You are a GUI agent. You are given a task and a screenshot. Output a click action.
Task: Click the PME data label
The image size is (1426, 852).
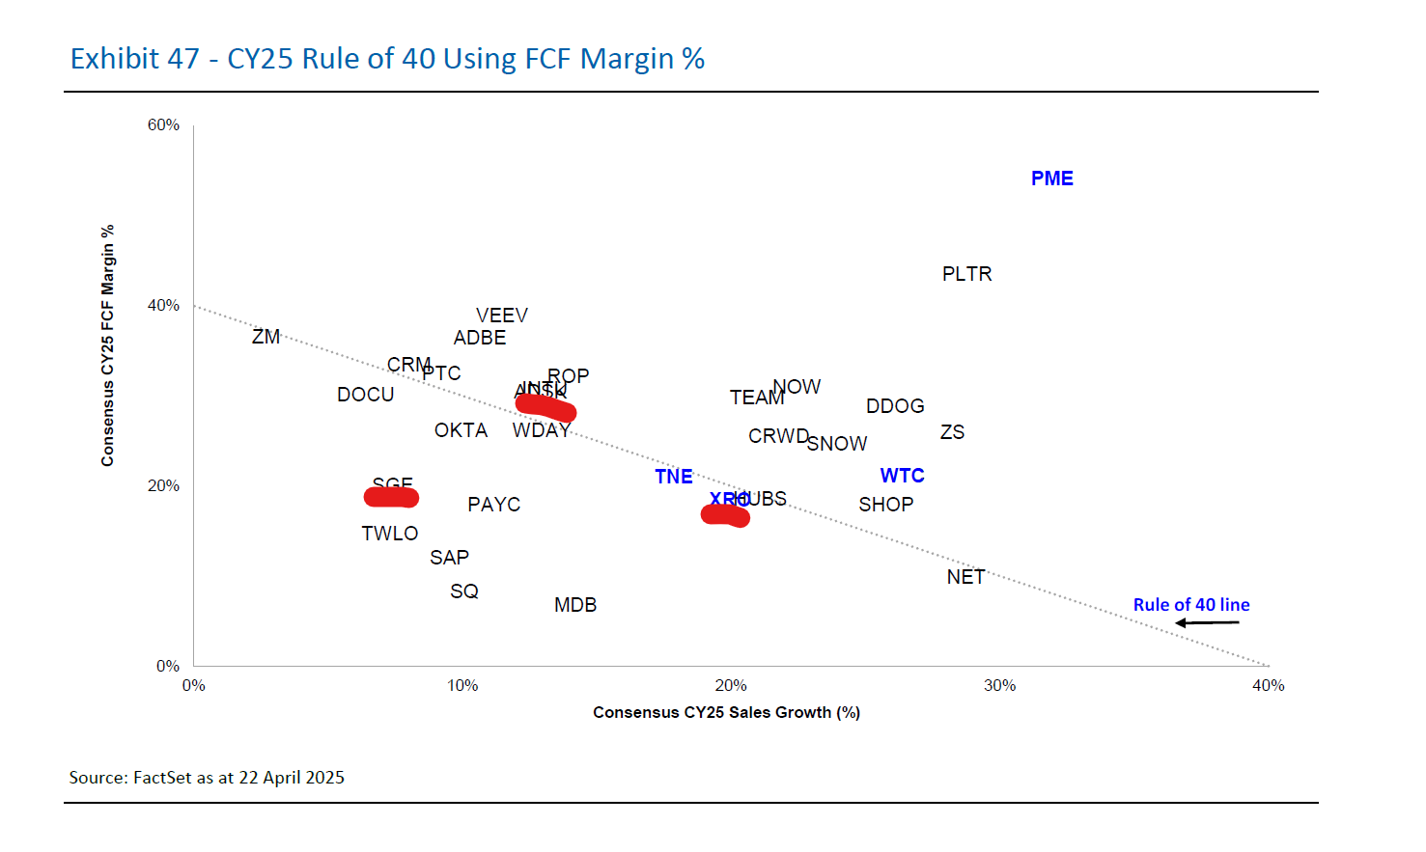click(x=1051, y=179)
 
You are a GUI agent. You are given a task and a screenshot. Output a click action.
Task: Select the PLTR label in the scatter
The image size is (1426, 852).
click(x=966, y=274)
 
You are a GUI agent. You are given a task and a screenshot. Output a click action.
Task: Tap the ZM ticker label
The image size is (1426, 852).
click(x=266, y=337)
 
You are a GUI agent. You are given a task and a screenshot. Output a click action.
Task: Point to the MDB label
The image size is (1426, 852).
click(x=575, y=605)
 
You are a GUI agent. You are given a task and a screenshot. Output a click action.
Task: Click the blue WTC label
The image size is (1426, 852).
click(x=902, y=476)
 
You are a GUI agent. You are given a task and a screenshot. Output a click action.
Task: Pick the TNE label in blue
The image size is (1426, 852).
click(x=673, y=477)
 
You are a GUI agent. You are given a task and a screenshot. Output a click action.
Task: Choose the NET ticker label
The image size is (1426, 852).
click(x=965, y=577)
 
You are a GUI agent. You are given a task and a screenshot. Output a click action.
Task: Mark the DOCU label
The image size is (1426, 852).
click(x=365, y=395)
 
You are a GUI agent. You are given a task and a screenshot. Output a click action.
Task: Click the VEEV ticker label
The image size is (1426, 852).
click(x=501, y=316)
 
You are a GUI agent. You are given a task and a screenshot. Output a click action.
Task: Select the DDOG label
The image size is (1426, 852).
click(x=895, y=406)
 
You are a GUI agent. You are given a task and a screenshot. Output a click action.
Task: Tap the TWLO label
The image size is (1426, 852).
click(x=389, y=534)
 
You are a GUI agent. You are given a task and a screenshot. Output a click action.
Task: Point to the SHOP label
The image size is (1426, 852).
click(x=885, y=505)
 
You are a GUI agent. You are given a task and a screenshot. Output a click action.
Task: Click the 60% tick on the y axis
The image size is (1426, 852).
click(x=163, y=125)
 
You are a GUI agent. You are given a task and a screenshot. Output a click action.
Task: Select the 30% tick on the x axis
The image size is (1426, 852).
click(x=999, y=686)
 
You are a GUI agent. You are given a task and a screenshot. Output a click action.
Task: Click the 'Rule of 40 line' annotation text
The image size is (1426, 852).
click(x=1190, y=605)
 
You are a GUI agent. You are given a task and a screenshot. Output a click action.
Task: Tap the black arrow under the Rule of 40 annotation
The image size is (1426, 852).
click(x=1207, y=623)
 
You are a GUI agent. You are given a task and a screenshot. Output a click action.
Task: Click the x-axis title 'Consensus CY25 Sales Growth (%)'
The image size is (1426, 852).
click(x=726, y=713)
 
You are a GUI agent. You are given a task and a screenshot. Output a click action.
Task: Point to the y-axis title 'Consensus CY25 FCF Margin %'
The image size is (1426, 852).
click(x=107, y=345)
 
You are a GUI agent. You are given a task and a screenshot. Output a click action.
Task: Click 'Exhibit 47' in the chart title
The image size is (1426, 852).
click(x=134, y=59)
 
